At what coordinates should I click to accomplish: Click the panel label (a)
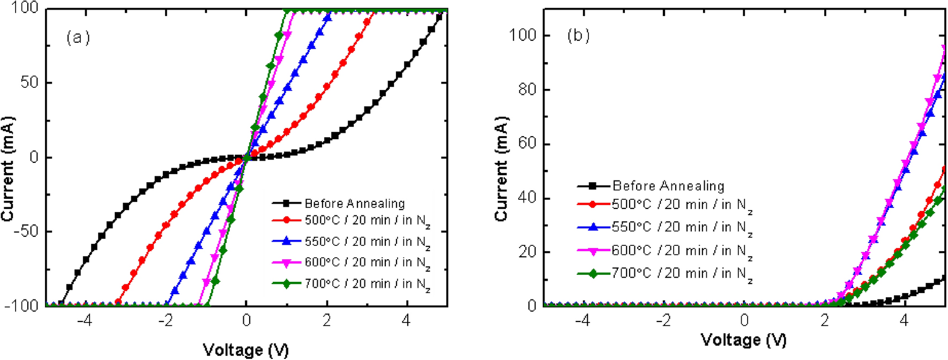point(78,37)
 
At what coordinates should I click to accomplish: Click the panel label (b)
point(578,36)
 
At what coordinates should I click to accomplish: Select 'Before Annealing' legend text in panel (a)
point(354,204)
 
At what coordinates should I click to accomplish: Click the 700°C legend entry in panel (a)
point(367,284)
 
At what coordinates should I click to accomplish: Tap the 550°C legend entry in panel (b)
point(682,228)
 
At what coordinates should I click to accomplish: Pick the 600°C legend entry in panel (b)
point(682,251)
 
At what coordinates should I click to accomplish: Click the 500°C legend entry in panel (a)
point(367,221)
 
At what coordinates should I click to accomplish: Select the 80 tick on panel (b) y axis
point(527,89)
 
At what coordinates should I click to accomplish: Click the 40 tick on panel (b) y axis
point(527,198)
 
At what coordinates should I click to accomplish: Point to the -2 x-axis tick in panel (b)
point(663,320)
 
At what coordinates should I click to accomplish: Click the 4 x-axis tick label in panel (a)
point(407,320)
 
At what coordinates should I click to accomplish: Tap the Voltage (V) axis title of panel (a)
point(246,350)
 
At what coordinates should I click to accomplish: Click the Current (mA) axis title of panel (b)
point(501,168)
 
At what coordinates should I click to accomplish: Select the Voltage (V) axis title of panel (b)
point(744,340)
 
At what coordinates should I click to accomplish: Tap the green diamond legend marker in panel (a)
point(286,284)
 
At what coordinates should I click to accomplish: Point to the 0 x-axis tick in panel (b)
point(744,320)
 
